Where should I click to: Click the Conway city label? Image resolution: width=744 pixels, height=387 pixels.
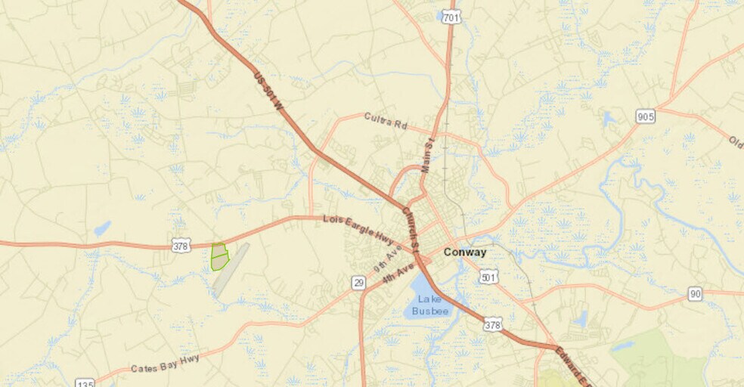[x=464, y=252]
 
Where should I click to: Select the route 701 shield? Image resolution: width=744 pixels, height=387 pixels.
[x=451, y=17]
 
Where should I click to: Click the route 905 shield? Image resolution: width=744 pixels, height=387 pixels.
[x=645, y=116]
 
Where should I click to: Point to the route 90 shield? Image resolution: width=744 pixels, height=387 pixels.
[x=695, y=294]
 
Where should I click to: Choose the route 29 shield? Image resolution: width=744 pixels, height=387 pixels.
[x=358, y=282]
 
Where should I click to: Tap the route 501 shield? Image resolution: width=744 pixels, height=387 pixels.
[x=488, y=277]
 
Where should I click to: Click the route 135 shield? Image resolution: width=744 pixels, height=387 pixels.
[x=85, y=383]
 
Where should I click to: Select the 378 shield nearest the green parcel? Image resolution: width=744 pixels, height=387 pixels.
[x=181, y=245]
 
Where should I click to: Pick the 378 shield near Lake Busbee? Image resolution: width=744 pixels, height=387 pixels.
[x=493, y=324]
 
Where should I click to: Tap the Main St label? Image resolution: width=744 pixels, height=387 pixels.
[x=428, y=156]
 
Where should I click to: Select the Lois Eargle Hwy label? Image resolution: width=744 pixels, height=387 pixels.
[x=358, y=228]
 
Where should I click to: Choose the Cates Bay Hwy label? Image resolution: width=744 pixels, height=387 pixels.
[x=165, y=364]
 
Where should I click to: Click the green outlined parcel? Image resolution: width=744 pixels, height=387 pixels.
[x=219, y=256]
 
